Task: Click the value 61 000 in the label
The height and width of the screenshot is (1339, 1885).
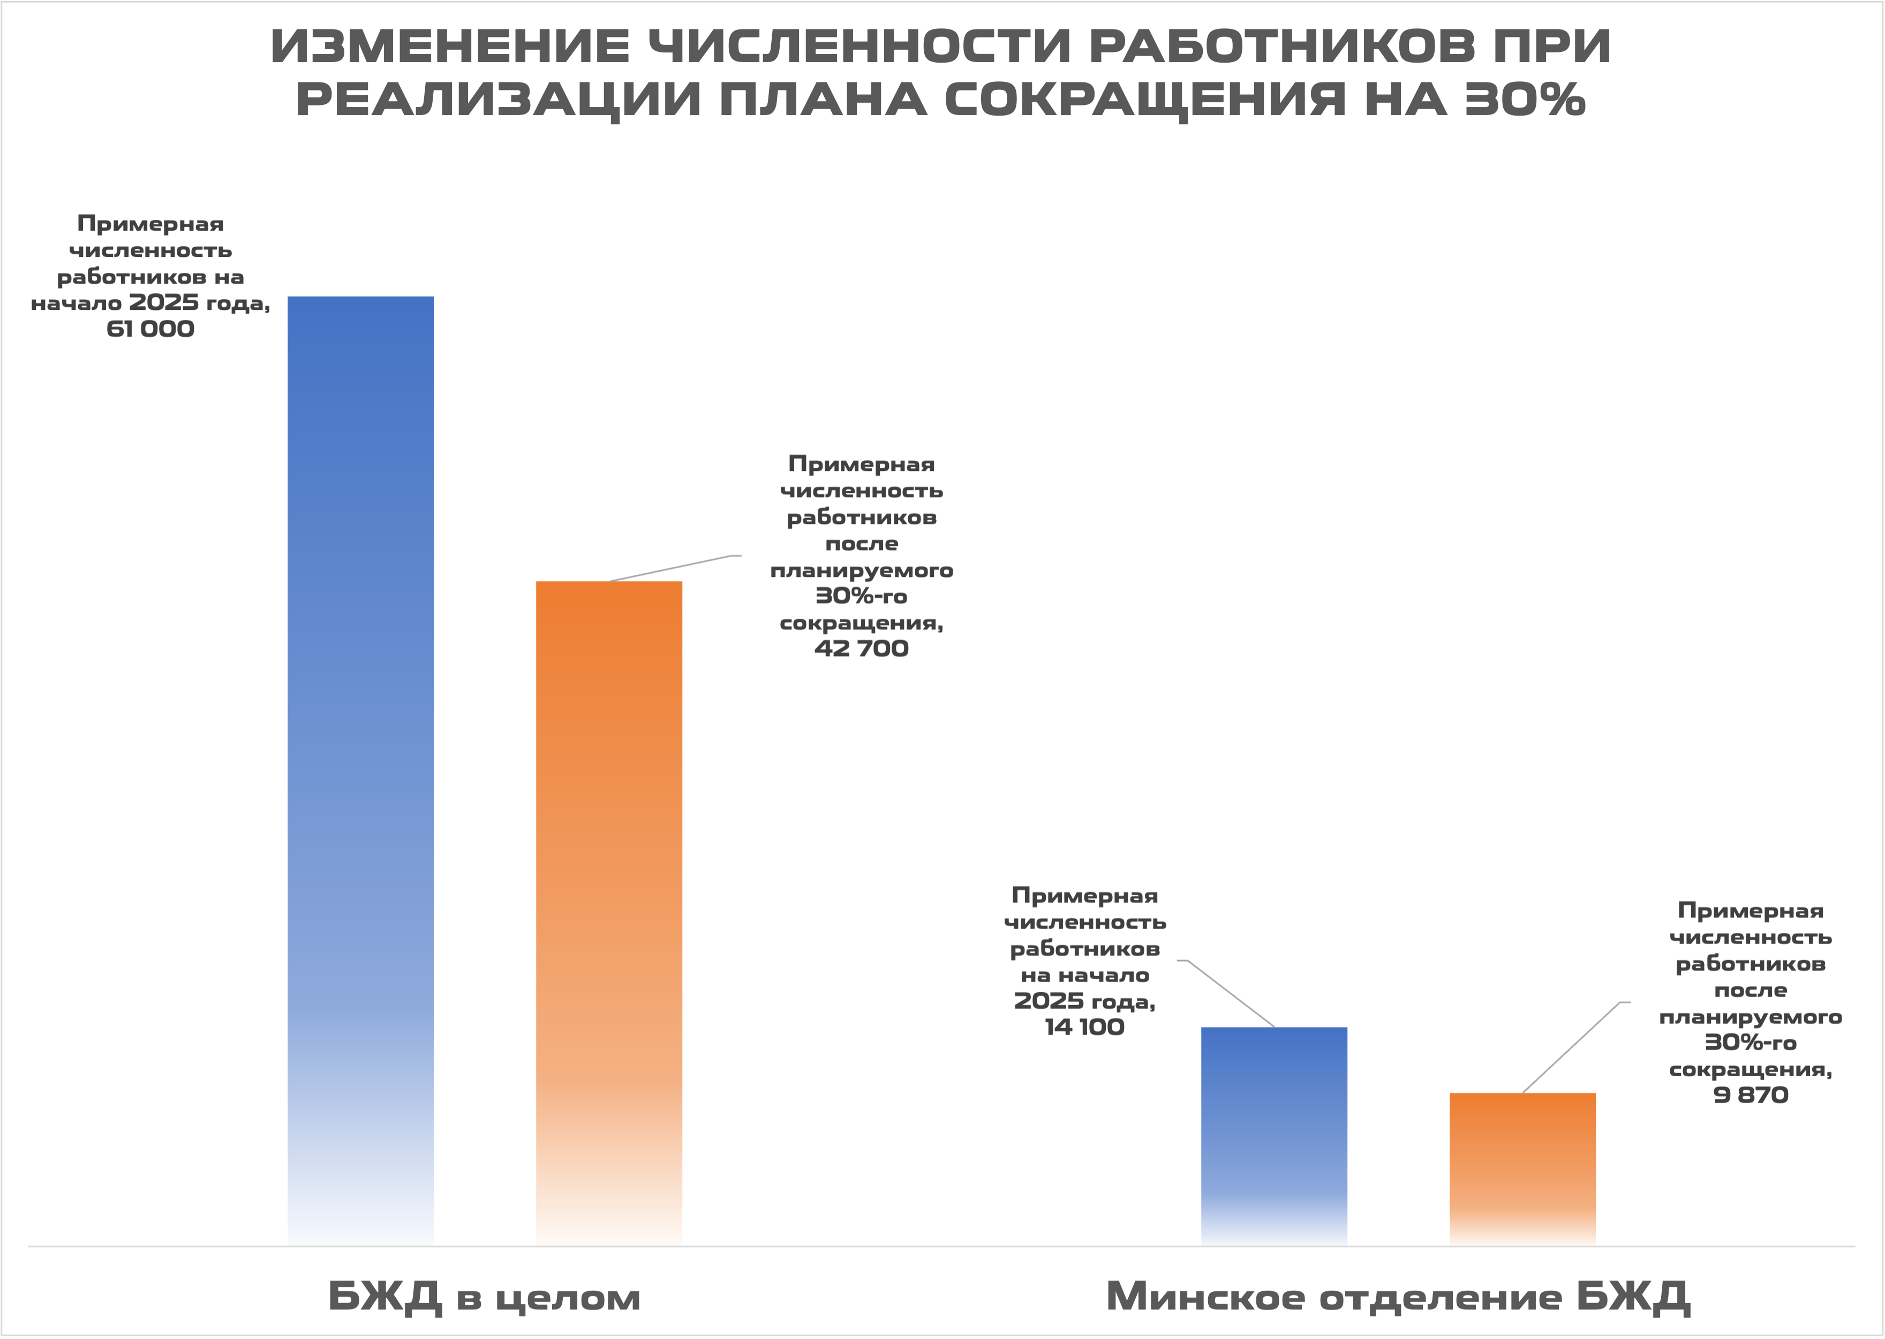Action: coord(150,330)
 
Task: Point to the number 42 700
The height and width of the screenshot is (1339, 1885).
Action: coord(861,649)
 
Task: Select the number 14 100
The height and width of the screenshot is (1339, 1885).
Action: coord(1084,1028)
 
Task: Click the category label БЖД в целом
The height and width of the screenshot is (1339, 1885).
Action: coord(484,1297)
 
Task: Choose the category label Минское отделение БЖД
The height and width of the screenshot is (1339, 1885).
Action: coord(1398,1297)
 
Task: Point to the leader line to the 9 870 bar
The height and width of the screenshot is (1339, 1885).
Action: coord(1572,1047)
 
